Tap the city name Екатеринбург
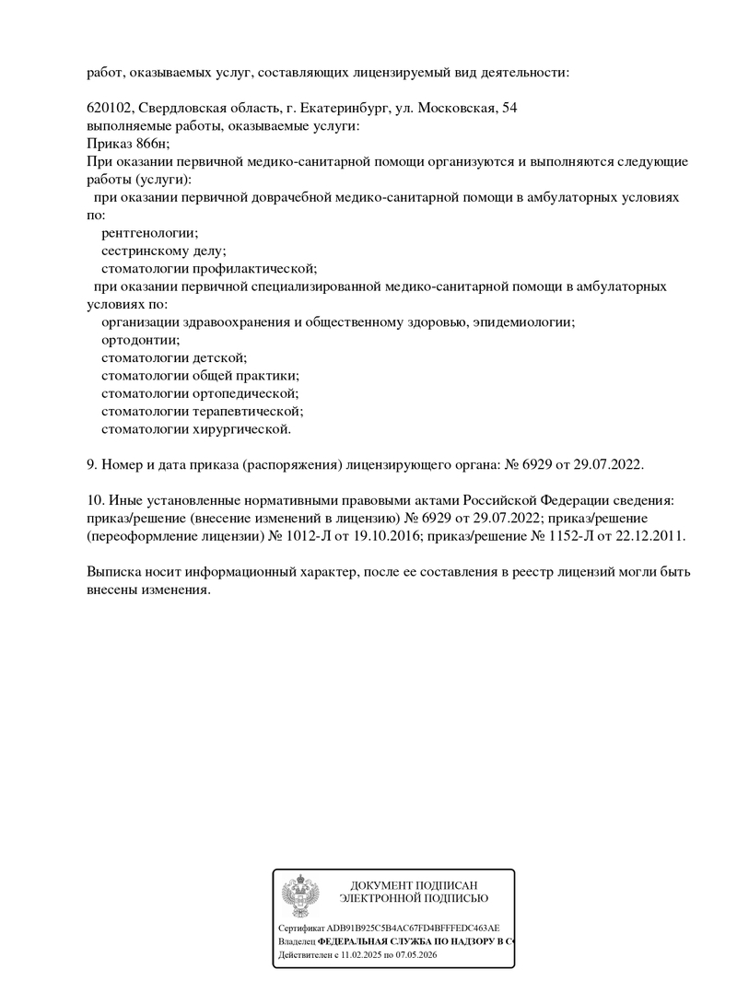[x=334, y=109]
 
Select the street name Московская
[x=455, y=109]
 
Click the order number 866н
[x=152, y=144]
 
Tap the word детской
[x=219, y=357]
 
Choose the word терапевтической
[x=248, y=411]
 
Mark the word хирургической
[x=242, y=429]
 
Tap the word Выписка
[x=115, y=572]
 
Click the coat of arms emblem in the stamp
[x=299, y=895]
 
